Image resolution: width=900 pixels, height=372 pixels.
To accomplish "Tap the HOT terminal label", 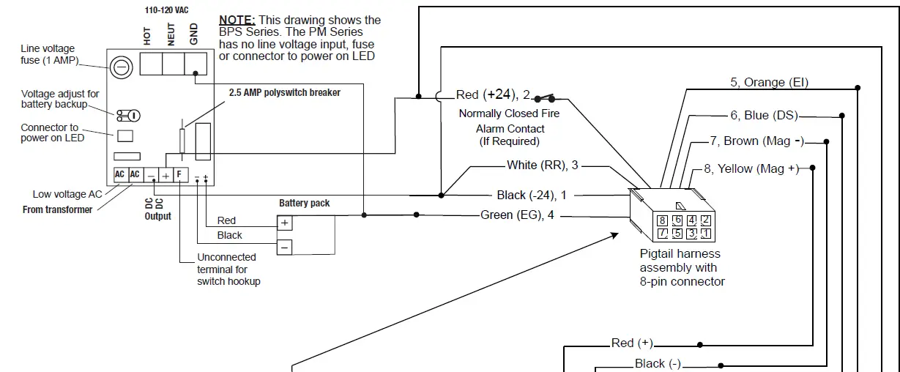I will coord(147,37).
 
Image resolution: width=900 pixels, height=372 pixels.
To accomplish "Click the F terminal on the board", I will coord(179,175).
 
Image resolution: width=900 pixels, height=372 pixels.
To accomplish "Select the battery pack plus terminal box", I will coord(284,223).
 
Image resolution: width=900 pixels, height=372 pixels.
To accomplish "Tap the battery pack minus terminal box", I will coord(284,248).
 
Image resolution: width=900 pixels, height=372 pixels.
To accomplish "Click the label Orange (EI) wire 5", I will coord(769,83).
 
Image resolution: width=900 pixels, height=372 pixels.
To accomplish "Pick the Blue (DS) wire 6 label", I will coord(764,115).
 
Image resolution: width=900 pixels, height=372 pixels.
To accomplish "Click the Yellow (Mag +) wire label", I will coord(751,168).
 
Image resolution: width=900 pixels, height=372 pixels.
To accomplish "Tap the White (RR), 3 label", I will coord(542,165).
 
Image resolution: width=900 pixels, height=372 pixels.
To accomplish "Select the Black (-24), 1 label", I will coord(531,195).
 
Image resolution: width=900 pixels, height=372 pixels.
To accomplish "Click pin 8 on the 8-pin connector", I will coord(663,220).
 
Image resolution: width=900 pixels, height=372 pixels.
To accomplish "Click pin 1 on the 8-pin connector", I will coord(705,234).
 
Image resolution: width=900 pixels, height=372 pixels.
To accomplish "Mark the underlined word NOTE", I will coord(237,21).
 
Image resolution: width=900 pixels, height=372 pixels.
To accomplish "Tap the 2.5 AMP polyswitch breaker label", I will coord(284,93).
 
